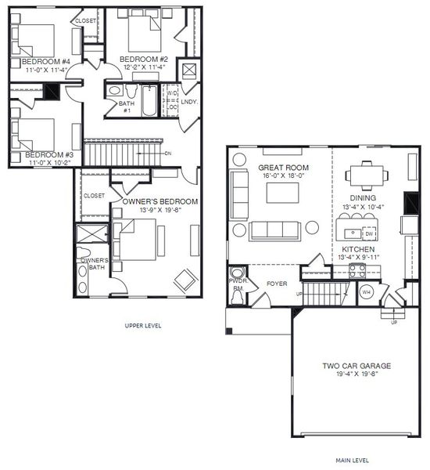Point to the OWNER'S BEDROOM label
click(159, 202)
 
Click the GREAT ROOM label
click(285, 168)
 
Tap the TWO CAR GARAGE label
click(357, 366)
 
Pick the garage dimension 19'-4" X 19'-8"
click(357, 375)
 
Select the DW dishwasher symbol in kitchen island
click(370, 233)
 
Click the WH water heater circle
click(366, 292)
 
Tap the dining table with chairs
click(365, 173)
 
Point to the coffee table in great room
click(283, 192)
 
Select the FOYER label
click(277, 284)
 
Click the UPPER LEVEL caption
click(143, 325)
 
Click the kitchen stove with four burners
click(357, 271)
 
